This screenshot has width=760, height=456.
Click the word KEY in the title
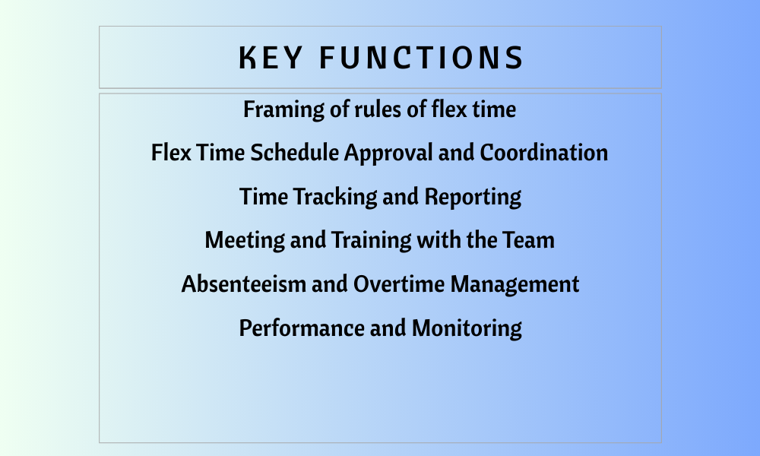[271, 58]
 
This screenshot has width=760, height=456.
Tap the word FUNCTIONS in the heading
[421, 58]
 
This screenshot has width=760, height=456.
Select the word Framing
[283, 110]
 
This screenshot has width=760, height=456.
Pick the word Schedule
[294, 153]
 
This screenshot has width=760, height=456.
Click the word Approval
[388, 154]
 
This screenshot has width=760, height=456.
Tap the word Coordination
[544, 153]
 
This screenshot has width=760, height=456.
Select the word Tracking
[335, 198]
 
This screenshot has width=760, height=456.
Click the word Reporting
[473, 198]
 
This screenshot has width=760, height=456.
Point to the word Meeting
[245, 241]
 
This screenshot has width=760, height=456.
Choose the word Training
[372, 241]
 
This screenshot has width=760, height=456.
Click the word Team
[528, 240]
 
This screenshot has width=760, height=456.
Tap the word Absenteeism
[244, 284]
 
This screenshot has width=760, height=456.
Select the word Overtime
[398, 284]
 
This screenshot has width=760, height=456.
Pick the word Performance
[302, 328]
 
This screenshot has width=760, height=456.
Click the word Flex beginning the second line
[171, 153]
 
